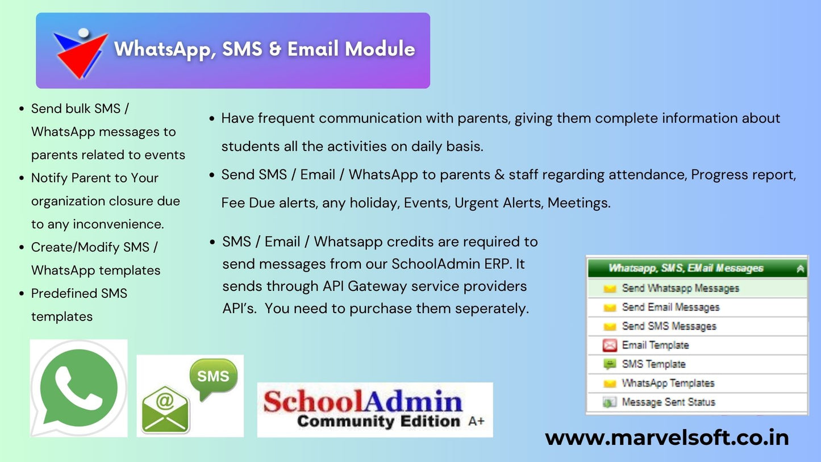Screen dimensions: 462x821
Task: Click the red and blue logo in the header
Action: point(80,52)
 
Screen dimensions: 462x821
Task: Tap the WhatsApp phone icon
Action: point(79,388)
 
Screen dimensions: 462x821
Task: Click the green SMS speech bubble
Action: point(213,376)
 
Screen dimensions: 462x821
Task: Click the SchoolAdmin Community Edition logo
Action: point(374,409)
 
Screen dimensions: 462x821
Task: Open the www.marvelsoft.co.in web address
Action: point(666,438)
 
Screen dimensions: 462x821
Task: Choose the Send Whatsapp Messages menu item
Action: point(680,288)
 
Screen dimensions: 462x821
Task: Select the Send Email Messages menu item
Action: point(670,307)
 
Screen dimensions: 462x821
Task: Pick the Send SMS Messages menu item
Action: point(669,326)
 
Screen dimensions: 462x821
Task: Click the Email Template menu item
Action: point(655,345)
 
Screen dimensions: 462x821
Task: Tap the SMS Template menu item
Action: point(653,364)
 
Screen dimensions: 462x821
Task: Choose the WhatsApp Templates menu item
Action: point(668,383)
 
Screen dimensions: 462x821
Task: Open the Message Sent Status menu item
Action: point(668,402)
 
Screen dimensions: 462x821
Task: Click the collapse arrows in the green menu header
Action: point(800,269)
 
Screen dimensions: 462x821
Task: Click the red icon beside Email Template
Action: point(610,346)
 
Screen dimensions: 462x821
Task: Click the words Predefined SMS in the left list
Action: point(79,293)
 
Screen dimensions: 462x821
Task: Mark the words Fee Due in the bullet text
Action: point(248,203)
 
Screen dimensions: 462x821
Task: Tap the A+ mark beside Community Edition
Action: point(476,421)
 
